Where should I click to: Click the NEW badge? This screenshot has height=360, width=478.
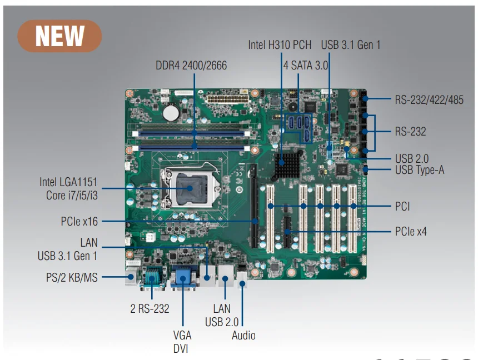tap(60, 36)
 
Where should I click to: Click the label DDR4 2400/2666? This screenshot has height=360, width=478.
tap(191, 66)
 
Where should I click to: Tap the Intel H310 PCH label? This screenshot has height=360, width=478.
tap(280, 44)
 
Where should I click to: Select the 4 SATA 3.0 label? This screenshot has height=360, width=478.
tap(306, 65)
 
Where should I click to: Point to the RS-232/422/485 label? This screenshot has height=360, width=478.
tap(429, 100)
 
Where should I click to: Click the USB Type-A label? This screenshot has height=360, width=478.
tap(420, 170)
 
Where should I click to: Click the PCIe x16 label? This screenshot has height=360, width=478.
tap(79, 222)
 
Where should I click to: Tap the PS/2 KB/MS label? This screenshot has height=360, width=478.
tap(72, 276)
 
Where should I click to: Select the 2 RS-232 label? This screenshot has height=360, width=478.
tap(150, 308)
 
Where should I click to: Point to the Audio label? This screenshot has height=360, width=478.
tap(243, 335)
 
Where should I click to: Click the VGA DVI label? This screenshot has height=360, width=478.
tap(182, 342)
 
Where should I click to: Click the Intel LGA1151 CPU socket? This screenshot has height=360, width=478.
tap(189, 189)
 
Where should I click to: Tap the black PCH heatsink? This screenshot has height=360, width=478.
tap(287, 162)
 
